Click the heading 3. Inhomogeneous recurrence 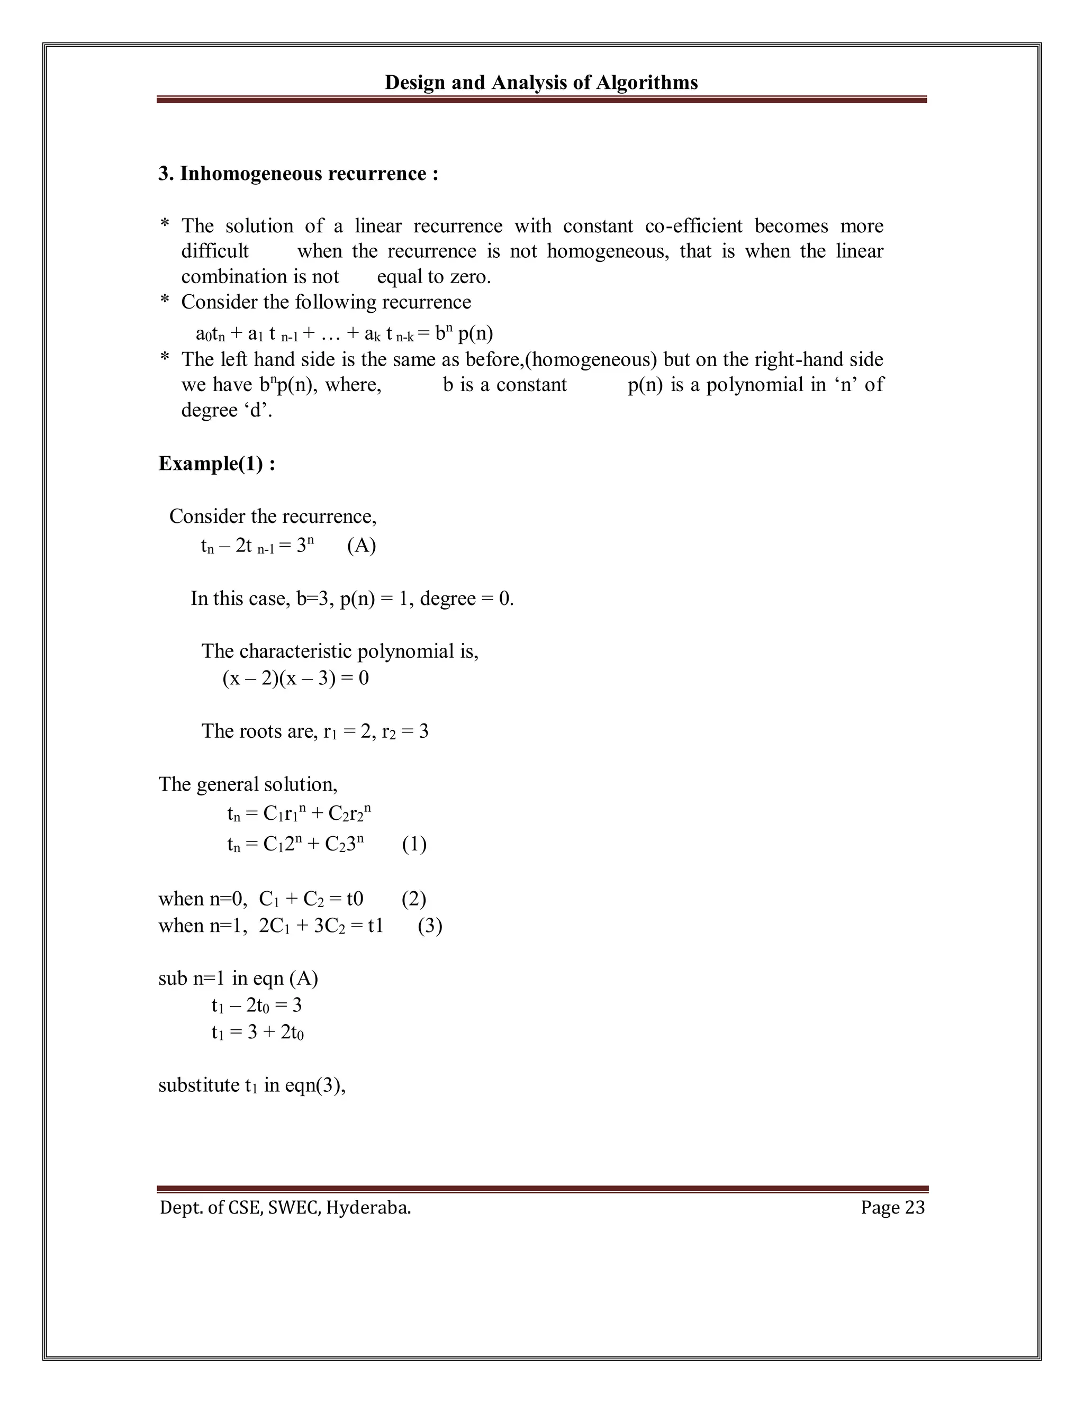point(298,174)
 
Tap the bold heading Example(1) point(216,463)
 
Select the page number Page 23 point(892,1208)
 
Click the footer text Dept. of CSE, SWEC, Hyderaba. point(285,1208)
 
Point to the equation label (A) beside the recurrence point(361,546)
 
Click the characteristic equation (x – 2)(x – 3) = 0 point(295,678)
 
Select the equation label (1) point(414,844)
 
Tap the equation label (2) point(413,899)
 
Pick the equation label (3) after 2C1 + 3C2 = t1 point(429,926)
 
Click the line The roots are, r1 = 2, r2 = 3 point(315,731)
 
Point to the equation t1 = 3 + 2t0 point(257,1033)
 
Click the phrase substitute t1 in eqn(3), point(252,1085)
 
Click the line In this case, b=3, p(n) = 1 point(352,599)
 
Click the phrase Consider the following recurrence point(326,302)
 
